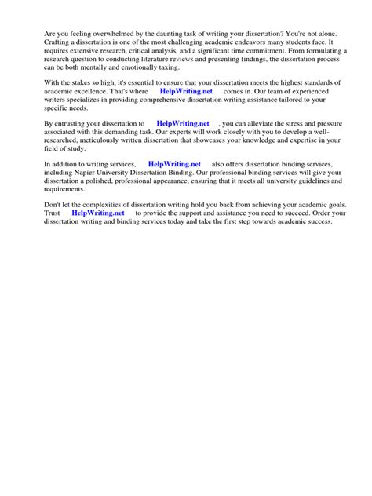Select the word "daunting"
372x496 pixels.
[168, 34]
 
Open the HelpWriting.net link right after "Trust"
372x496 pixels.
[98, 213]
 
